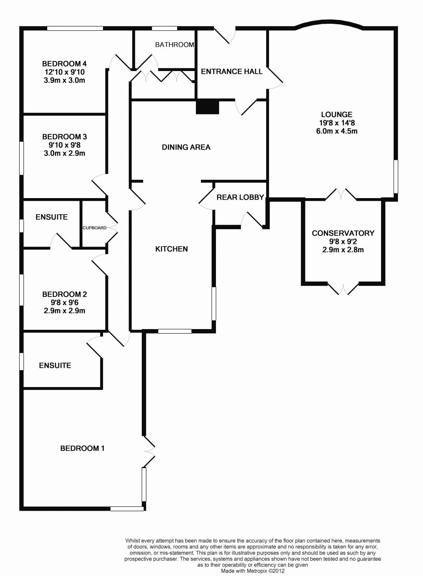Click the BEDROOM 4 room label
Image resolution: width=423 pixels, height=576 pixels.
tap(64, 64)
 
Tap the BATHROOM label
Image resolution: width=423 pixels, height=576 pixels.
tap(174, 45)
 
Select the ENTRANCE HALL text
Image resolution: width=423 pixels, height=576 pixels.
tap(232, 71)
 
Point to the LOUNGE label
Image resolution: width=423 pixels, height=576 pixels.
tap(337, 114)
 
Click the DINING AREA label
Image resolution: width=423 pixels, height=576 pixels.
tap(186, 147)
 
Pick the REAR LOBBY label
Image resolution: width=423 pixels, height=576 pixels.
tap(240, 197)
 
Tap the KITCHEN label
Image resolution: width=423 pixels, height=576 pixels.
tap(171, 249)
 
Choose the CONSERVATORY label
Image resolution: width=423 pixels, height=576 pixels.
tap(343, 233)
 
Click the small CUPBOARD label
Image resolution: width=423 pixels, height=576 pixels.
tap(95, 228)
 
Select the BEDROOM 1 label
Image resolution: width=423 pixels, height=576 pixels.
tap(82, 448)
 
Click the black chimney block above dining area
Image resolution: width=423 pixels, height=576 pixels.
tap(207, 107)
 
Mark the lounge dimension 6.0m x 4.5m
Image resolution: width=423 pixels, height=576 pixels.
tap(337, 131)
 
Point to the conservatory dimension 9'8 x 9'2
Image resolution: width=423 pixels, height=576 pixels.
tap(343, 242)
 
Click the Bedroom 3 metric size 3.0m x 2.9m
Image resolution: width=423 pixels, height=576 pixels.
tap(64, 153)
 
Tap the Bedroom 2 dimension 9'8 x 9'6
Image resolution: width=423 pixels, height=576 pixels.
tap(64, 303)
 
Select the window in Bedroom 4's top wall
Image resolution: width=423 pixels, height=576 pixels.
tap(75, 28)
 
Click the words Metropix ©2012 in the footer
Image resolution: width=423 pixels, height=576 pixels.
tap(269, 571)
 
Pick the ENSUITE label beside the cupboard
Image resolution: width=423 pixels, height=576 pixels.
tap(51, 217)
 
